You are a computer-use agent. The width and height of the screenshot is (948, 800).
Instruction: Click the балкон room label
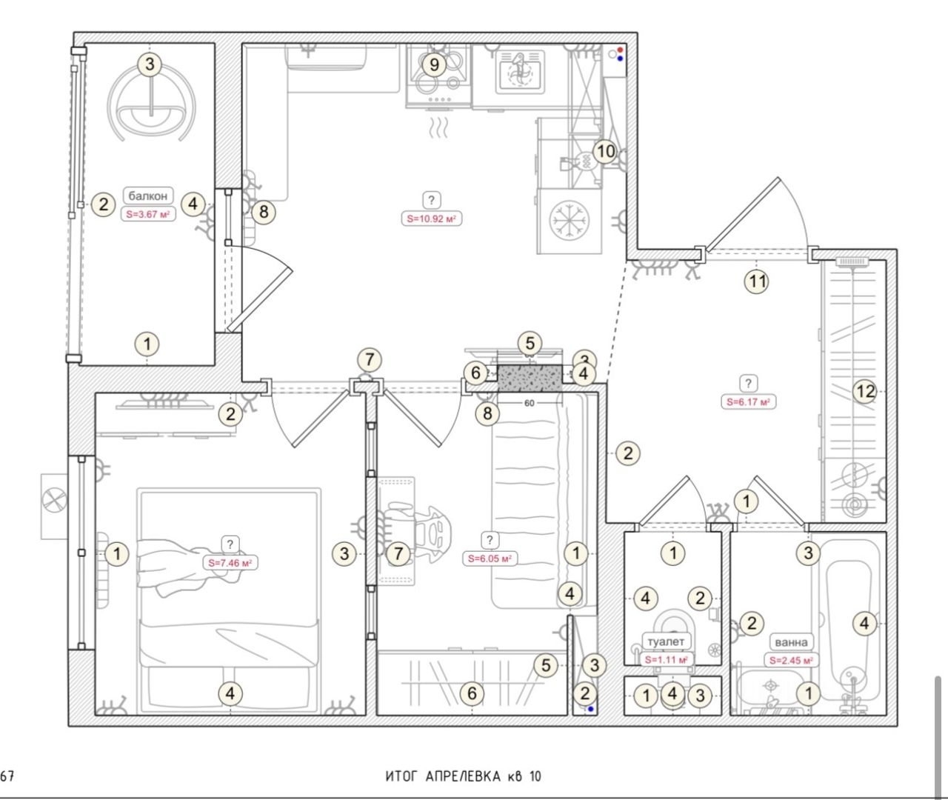pos(147,196)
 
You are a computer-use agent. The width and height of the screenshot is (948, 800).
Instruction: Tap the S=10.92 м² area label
pos(431,219)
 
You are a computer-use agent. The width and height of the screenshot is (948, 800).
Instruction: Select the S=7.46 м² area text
pos(230,563)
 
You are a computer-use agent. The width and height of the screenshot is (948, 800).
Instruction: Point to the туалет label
pos(666,641)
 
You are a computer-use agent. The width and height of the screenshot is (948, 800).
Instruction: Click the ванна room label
pos(792,642)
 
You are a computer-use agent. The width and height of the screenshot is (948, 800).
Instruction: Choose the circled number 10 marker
pos(605,151)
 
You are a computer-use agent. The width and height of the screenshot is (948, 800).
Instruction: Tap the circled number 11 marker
pos(757,281)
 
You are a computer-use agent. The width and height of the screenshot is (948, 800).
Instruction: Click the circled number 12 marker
pos(865,391)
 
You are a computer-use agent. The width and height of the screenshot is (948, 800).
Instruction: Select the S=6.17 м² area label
pos(748,402)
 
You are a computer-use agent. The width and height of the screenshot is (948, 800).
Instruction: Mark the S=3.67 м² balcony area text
pos(148,214)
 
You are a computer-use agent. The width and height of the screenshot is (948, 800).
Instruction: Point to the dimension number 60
pos(530,403)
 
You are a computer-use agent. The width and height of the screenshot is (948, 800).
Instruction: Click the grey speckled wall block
pos(530,379)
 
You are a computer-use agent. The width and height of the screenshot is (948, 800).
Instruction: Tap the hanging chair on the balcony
pos(151,103)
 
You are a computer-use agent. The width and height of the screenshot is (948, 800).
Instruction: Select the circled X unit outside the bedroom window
pos(54,501)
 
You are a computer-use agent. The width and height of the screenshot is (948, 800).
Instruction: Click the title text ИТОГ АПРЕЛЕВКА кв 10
pos(464,776)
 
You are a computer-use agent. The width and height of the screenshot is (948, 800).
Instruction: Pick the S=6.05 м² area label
pos(490,559)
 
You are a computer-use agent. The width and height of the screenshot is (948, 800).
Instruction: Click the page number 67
pos(7,776)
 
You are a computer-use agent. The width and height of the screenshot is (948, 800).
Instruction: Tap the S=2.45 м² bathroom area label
pos(791,661)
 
